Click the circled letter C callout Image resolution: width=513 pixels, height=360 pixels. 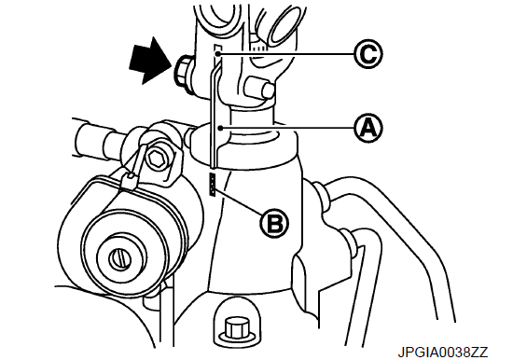coord(368,54)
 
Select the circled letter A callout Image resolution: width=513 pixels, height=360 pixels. coord(368,128)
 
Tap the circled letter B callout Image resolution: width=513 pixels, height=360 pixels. coord(274,224)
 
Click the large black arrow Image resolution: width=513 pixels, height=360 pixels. coord(151,61)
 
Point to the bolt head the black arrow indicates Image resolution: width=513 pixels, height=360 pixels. coord(183,75)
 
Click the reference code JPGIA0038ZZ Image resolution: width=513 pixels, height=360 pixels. coord(443,353)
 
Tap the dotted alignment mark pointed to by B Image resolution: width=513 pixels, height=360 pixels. coord(213,185)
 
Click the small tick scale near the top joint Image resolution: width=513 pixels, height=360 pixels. coord(258,48)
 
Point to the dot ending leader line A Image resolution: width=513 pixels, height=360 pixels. coord(221,128)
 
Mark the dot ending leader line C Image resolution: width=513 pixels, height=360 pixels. coord(219,53)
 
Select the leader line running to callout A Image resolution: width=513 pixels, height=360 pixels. coord(288,128)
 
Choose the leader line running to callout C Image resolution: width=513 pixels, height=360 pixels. coord(287,54)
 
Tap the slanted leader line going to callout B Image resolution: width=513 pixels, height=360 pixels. coord(240,201)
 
